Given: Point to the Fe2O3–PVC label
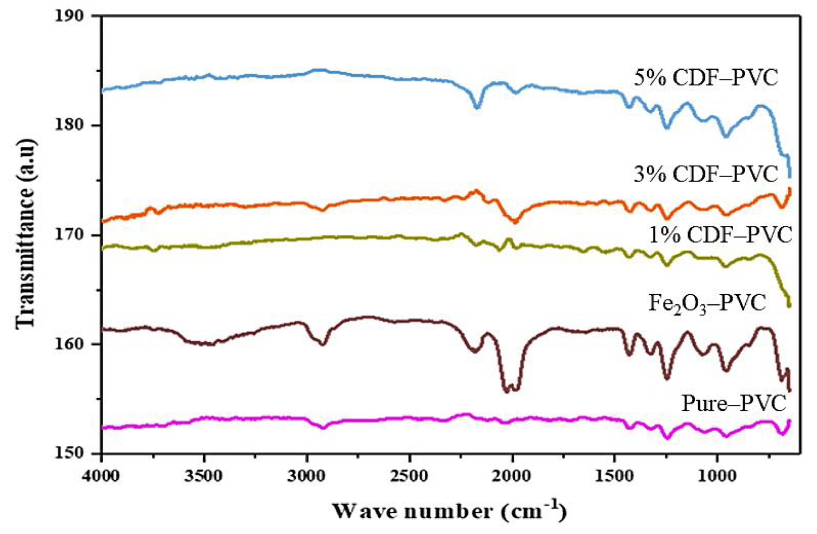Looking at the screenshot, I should (x=707, y=304).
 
